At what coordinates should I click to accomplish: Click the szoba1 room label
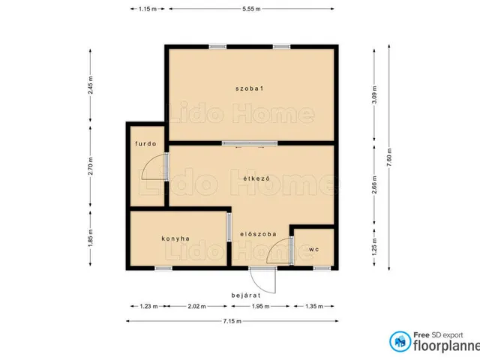250,88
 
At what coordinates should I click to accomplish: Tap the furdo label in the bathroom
145,143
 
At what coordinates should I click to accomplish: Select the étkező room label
256,178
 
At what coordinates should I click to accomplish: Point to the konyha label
175,238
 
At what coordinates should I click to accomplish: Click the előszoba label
258,234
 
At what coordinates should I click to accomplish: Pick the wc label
313,250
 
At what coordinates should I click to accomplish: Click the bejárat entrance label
246,295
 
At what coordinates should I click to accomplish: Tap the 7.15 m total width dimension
232,321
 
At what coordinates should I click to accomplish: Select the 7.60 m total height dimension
389,157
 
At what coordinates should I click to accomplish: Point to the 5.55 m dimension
251,9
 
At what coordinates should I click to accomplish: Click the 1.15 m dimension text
148,9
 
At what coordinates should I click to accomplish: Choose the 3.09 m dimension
374,94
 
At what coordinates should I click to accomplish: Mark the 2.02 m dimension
196,306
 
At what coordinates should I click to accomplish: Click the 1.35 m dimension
314,306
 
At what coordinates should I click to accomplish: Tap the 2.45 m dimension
90,85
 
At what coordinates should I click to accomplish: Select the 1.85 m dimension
90,238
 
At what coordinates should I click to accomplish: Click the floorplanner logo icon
400,341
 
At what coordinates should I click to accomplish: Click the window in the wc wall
322,268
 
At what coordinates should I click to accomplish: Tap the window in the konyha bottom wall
163,268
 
